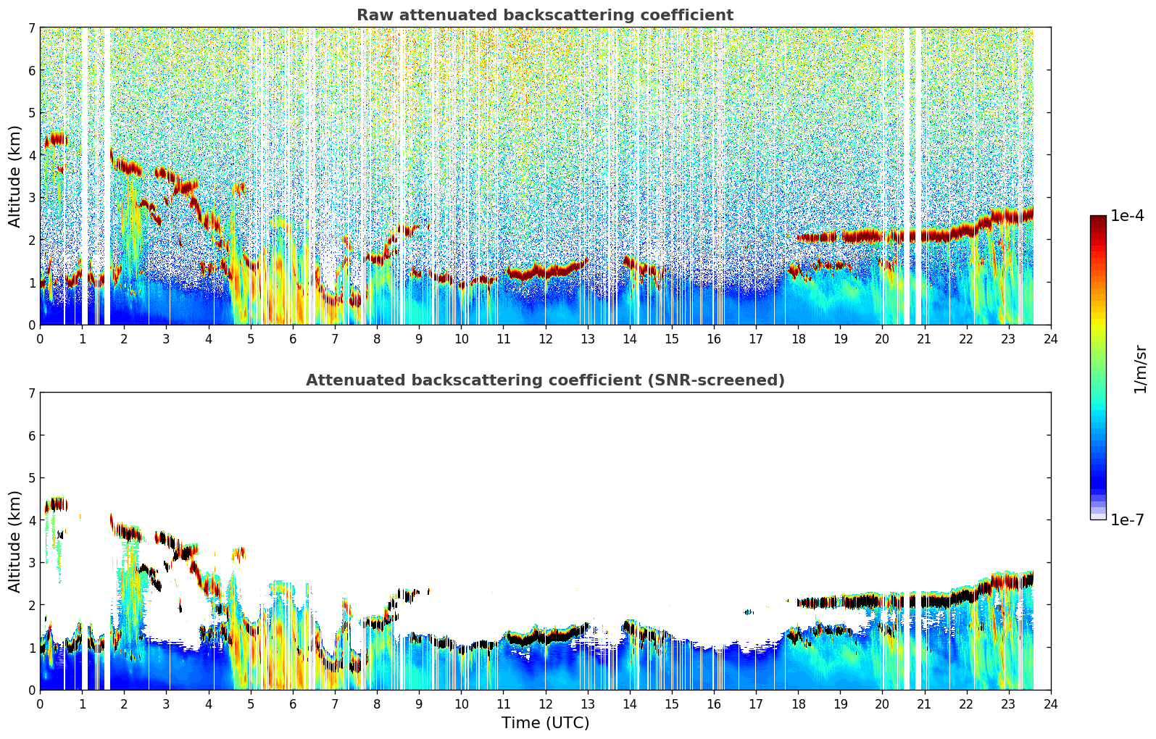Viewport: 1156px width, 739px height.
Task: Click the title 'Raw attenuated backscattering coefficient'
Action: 544,15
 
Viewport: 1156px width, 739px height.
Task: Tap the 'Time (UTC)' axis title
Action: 545,722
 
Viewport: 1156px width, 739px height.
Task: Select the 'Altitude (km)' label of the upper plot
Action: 14,176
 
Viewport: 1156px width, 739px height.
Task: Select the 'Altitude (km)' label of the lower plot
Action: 14,541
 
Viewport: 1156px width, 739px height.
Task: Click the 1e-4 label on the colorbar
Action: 1127,216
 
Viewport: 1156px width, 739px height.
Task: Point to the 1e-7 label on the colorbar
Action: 1127,519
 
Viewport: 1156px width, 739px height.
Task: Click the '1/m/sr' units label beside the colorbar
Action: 1140,369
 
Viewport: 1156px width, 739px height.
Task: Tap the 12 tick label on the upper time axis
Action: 545,338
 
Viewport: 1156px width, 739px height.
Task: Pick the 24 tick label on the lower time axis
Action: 1050,703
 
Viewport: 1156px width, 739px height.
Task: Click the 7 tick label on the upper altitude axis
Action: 31,28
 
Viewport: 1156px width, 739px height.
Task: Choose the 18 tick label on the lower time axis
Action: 797,703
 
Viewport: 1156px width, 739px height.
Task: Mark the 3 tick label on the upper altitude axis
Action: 31,197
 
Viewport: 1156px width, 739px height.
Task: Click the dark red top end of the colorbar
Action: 1097,219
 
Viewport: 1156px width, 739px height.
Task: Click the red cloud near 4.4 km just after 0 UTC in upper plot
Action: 55,138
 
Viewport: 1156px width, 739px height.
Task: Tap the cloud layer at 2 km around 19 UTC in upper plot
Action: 841,237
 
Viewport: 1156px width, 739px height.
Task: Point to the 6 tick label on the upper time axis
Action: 292,338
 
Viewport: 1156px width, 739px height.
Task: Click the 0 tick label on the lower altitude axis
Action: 31,690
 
